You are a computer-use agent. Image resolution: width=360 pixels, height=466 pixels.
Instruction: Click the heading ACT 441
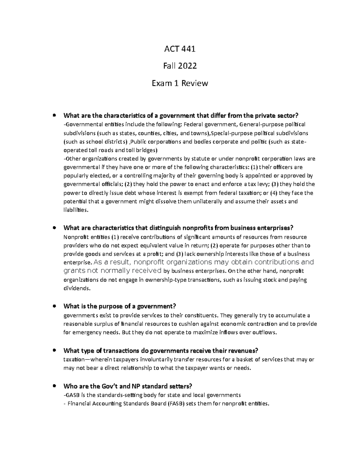coord(180,49)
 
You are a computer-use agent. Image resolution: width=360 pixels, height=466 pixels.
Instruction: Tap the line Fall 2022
coord(180,66)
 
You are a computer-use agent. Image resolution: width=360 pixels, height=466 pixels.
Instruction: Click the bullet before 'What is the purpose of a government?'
coord(54,306)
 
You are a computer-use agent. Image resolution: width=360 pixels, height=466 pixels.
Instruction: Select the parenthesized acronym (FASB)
coord(174,404)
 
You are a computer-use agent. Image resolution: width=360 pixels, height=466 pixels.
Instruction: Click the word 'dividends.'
coord(77,288)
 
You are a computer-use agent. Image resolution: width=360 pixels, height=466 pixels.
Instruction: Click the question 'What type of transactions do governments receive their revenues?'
coord(161,351)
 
